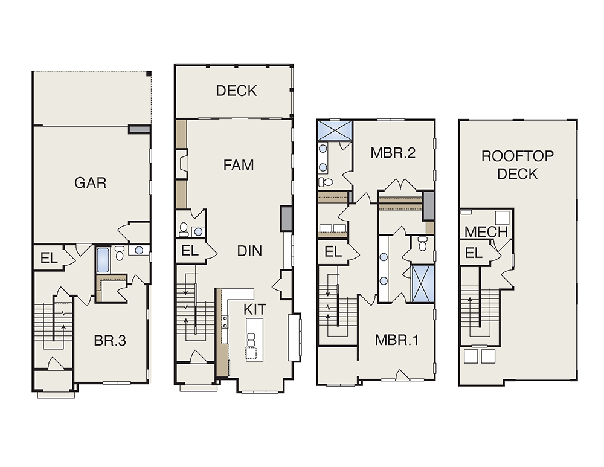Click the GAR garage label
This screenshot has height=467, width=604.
pyautogui.click(x=90, y=182)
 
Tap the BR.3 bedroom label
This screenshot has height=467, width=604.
pyautogui.click(x=110, y=341)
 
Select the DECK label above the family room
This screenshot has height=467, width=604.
pyautogui.click(x=236, y=91)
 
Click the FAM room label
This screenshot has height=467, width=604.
pyautogui.click(x=239, y=165)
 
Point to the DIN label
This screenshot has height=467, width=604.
pyautogui.click(x=249, y=251)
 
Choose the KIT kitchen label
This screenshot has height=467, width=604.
pyautogui.click(x=255, y=309)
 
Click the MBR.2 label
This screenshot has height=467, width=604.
pyautogui.click(x=393, y=153)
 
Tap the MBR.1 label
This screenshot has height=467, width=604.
pyautogui.click(x=396, y=340)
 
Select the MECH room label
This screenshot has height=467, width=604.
pyautogui.click(x=486, y=232)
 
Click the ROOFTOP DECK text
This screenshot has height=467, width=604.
pyautogui.click(x=518, y=165)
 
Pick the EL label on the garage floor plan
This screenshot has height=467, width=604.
pyautogui.click(x=49, y=258)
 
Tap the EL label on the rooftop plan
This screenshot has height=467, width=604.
pyautogui.click(x=474, y=253)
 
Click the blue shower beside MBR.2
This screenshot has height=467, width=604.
pyautogui.click(x=335, y=131)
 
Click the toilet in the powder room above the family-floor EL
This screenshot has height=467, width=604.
pyautogui.click(x=184, y=229)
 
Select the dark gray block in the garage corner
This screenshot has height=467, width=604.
pyautogui.click(x=138, y=129)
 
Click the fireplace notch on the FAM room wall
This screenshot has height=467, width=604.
pyautogui.click(x=182, y=164)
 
